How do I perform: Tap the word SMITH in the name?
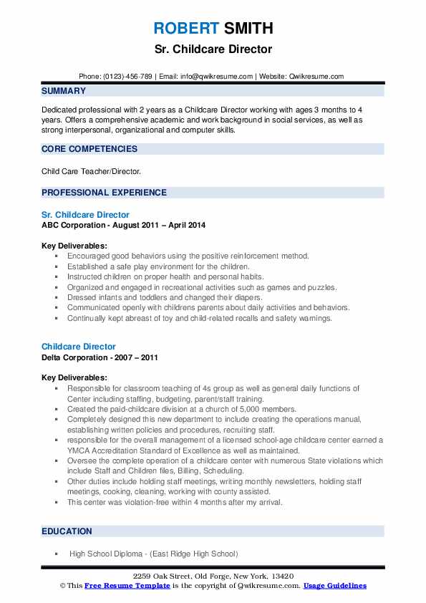coord(247,29)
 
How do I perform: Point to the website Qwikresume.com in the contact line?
coord(317,77)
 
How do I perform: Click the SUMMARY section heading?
coord(64,91)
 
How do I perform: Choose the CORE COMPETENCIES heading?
coord(89,149)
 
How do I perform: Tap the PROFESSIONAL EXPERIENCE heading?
coord(104,193)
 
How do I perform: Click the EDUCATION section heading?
coord(67,531)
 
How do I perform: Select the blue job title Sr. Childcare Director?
coord(85,215)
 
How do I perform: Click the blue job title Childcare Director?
coord(79,347)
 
